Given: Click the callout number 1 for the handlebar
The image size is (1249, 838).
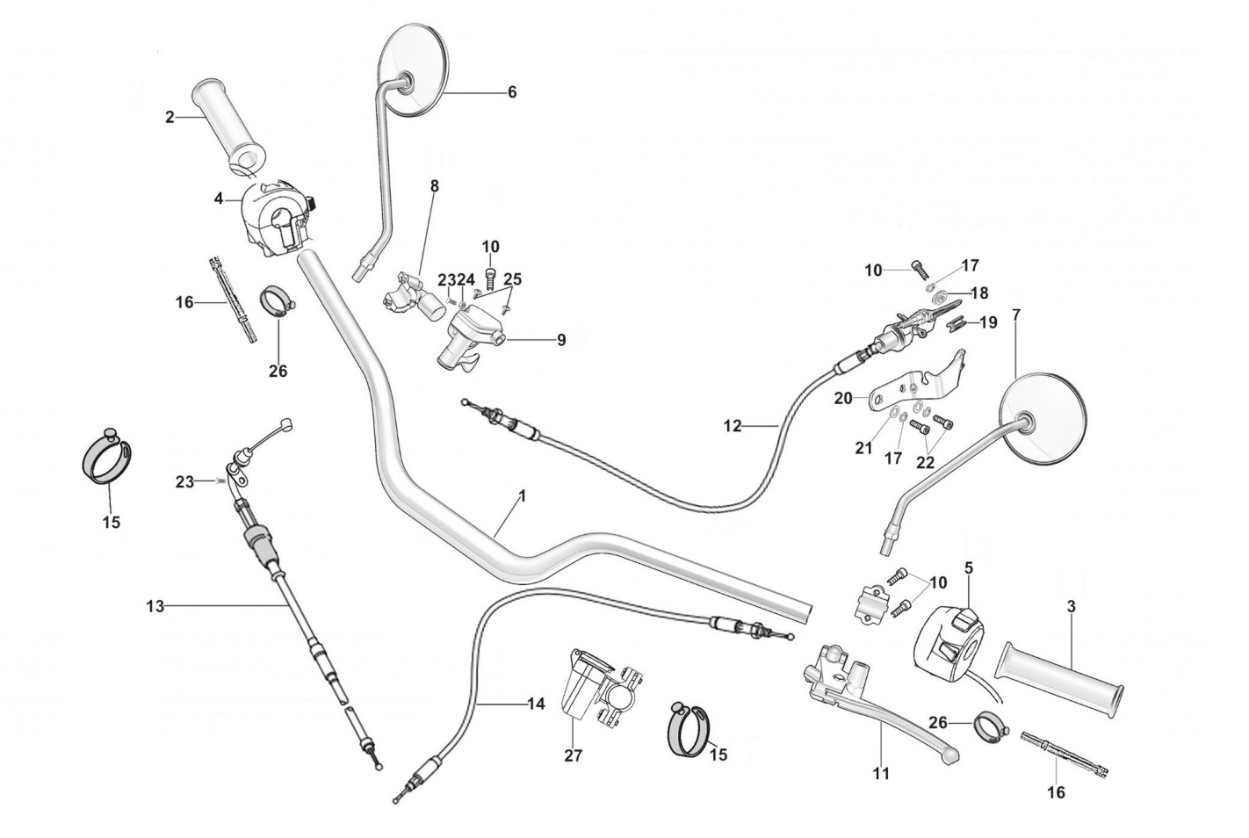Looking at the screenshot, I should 522,495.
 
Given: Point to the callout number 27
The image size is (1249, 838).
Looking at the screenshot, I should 573,755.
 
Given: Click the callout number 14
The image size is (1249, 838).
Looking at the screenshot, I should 536,704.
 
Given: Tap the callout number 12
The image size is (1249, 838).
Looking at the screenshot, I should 733,426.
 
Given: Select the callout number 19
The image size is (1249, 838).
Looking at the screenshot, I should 988,322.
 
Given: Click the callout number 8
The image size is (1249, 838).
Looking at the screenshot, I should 434,186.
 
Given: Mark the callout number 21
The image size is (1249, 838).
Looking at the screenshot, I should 864,448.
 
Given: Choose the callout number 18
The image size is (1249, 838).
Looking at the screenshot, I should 978,293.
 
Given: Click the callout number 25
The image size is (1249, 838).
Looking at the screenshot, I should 513,279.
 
